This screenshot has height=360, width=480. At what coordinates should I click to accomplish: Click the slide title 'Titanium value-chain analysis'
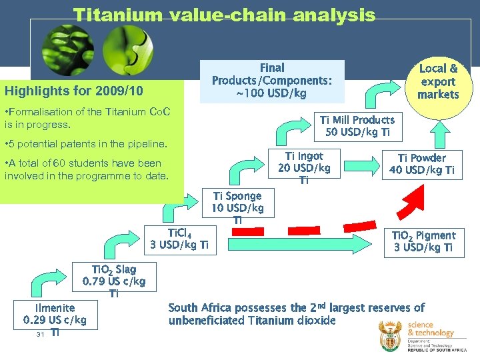(224, 15)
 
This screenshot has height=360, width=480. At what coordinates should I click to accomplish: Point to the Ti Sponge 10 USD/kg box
(237, 207)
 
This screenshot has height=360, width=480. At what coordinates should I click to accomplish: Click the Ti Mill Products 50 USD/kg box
(357, 127)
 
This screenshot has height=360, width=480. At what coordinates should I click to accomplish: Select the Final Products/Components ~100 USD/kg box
(272, 81)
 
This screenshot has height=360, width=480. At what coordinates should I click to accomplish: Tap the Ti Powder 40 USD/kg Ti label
(421, 164)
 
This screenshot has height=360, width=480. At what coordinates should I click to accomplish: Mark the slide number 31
(41, 334)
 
